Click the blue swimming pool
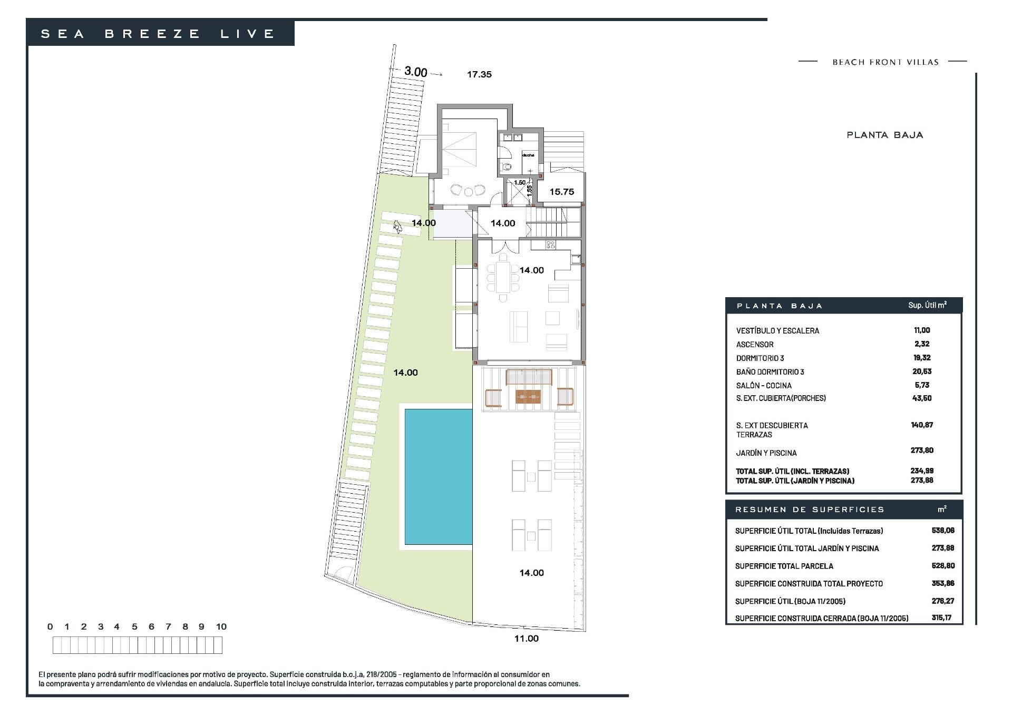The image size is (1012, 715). (x=439, y=476)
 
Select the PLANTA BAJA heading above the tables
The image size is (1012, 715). (x=884, y=135)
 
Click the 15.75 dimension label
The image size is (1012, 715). (x=562, y=192)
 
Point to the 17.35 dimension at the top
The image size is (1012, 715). (x=479, y=74)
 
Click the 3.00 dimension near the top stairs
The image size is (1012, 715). (x=416, y=72)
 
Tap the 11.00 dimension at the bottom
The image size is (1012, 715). (x=527, y=639)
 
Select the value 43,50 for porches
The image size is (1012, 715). (x=922, y=398)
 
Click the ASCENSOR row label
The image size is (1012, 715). (x=755, y=345)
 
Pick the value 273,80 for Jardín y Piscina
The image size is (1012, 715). (x=922, y=450)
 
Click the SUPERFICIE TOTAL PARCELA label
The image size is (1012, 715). (x=784, y=566)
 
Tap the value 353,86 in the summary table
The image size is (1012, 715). (x=943, y=583)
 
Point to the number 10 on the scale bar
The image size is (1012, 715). (x=221, y=626)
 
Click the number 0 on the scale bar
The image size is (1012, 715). (x=50, y=626)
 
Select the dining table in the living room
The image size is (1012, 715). (x=503, y=277)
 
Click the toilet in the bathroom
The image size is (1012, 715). (x=507, y=166)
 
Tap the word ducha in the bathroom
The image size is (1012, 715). (x=528, y=155)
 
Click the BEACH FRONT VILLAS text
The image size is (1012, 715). (x=885, y=62)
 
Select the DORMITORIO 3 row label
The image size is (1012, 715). (x=760, y=358)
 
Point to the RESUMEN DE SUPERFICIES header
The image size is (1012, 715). (x=810, y=510)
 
